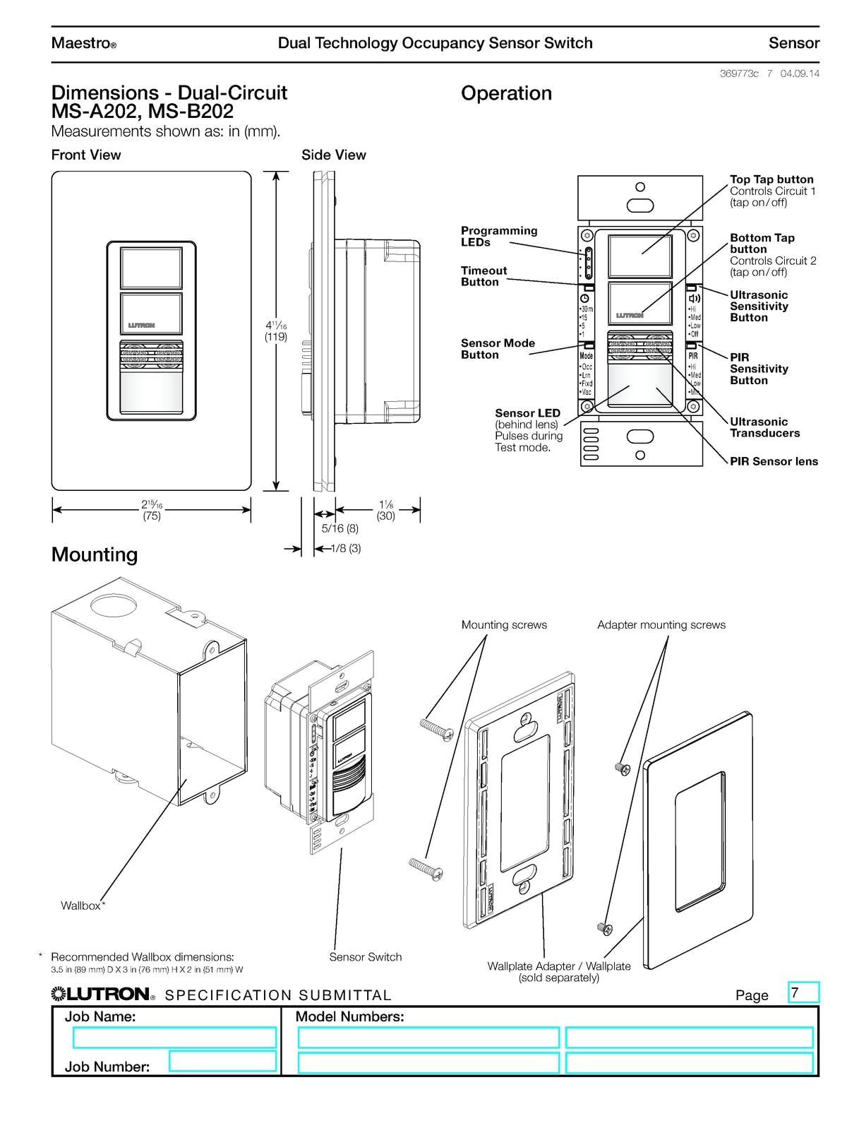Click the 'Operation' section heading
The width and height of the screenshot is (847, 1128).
[506, 93]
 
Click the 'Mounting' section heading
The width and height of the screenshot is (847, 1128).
[95, 554]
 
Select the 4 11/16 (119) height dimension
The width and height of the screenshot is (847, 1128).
[276, 331]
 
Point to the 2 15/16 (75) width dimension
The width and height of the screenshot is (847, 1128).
[151, 510]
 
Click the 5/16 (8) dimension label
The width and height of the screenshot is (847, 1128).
[340, 528]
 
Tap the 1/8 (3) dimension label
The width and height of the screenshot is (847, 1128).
[346, 548]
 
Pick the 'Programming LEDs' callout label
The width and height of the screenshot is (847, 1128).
[499, 237]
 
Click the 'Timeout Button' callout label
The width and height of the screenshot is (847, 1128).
[483, 276]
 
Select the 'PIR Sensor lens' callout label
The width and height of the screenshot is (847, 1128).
[774, 461]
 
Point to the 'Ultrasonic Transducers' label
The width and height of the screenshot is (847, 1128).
[764, 427]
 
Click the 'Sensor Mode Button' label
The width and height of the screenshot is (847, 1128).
[498, 349]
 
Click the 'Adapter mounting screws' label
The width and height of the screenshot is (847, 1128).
[661, 625]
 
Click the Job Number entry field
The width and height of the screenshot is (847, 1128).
[222, 1062]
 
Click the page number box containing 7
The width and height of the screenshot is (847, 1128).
[803, 992]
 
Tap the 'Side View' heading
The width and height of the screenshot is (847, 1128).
[333, 155]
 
